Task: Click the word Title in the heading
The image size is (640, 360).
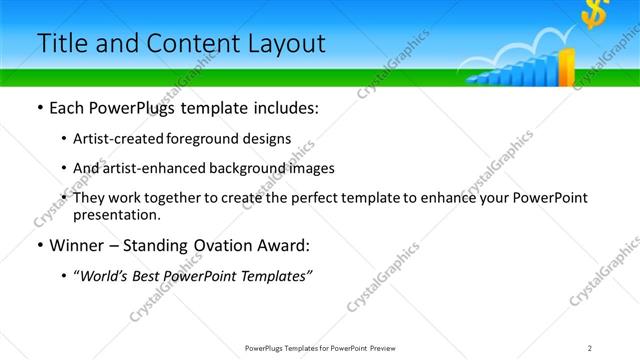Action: (59, 43)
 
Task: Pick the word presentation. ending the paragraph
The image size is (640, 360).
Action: (116, 214)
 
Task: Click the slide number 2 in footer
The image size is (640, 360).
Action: (590, 348)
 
